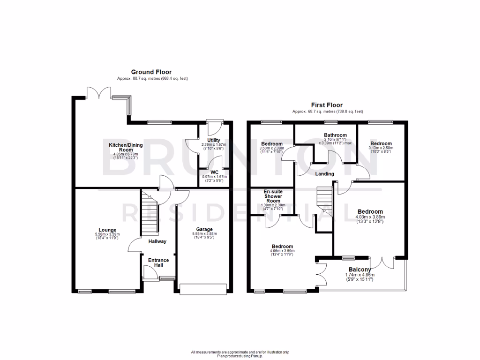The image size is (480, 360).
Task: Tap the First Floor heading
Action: pyautogui.click(x=327, y=105)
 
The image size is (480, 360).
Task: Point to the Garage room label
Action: pyautogui.click(x=204, y=230)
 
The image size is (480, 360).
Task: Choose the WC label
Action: pyautogui.click(x=214, y=172)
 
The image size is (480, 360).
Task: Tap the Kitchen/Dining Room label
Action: pyautogui.click(x=126, y=148)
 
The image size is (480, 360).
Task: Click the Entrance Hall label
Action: pyautogui.click(x=158, y=262)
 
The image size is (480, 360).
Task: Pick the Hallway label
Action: pyautogui.click(x=157, y=241)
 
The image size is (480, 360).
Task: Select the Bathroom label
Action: pyautogui.click(x=335, y=135)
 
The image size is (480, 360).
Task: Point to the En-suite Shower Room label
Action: pyautogui.click(x=272, y=196)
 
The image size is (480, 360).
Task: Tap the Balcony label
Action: pyautogui.click(x=360, y=270)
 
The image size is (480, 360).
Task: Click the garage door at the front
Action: pyautogui.click(x=204, y=289)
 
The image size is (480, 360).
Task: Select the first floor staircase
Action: pyautogui.click(x=325, y=201)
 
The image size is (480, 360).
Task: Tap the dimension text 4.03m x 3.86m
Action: pyautogui.click(x=370, y=217)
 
